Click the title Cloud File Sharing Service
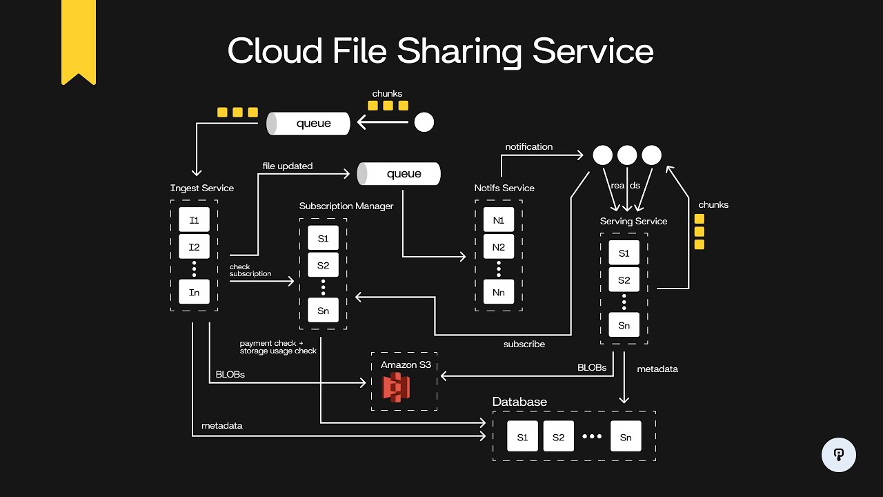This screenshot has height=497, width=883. tap(441, 51)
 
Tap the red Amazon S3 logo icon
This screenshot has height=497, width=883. tap(396, 387)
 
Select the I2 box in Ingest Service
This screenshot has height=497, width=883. tap(194, 247)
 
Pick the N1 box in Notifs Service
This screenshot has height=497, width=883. tap(499, 221)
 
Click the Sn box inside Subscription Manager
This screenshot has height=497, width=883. tap(323, 311)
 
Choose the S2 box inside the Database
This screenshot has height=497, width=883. tap(558, 437)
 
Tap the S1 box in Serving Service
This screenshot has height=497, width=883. tap(624, 253)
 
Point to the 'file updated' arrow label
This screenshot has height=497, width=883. tap(287, 166)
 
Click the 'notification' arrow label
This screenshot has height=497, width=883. tap(528, 146)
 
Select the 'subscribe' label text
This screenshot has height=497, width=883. tap(524, 344)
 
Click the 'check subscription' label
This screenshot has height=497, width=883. tap(250, 270)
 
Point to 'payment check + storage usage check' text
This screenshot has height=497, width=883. tap(278, 347)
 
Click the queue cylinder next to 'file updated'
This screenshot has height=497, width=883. tap(399, 174)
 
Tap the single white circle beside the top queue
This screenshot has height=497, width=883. tap(424, 122)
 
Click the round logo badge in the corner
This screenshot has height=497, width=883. tap(838, 455)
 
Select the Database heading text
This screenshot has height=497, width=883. tap(519, 401)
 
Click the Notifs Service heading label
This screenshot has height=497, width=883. tap(504, 188)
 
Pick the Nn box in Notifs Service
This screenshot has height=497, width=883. tap(499, 292)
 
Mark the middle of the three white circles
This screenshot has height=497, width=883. tap(626, 155)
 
